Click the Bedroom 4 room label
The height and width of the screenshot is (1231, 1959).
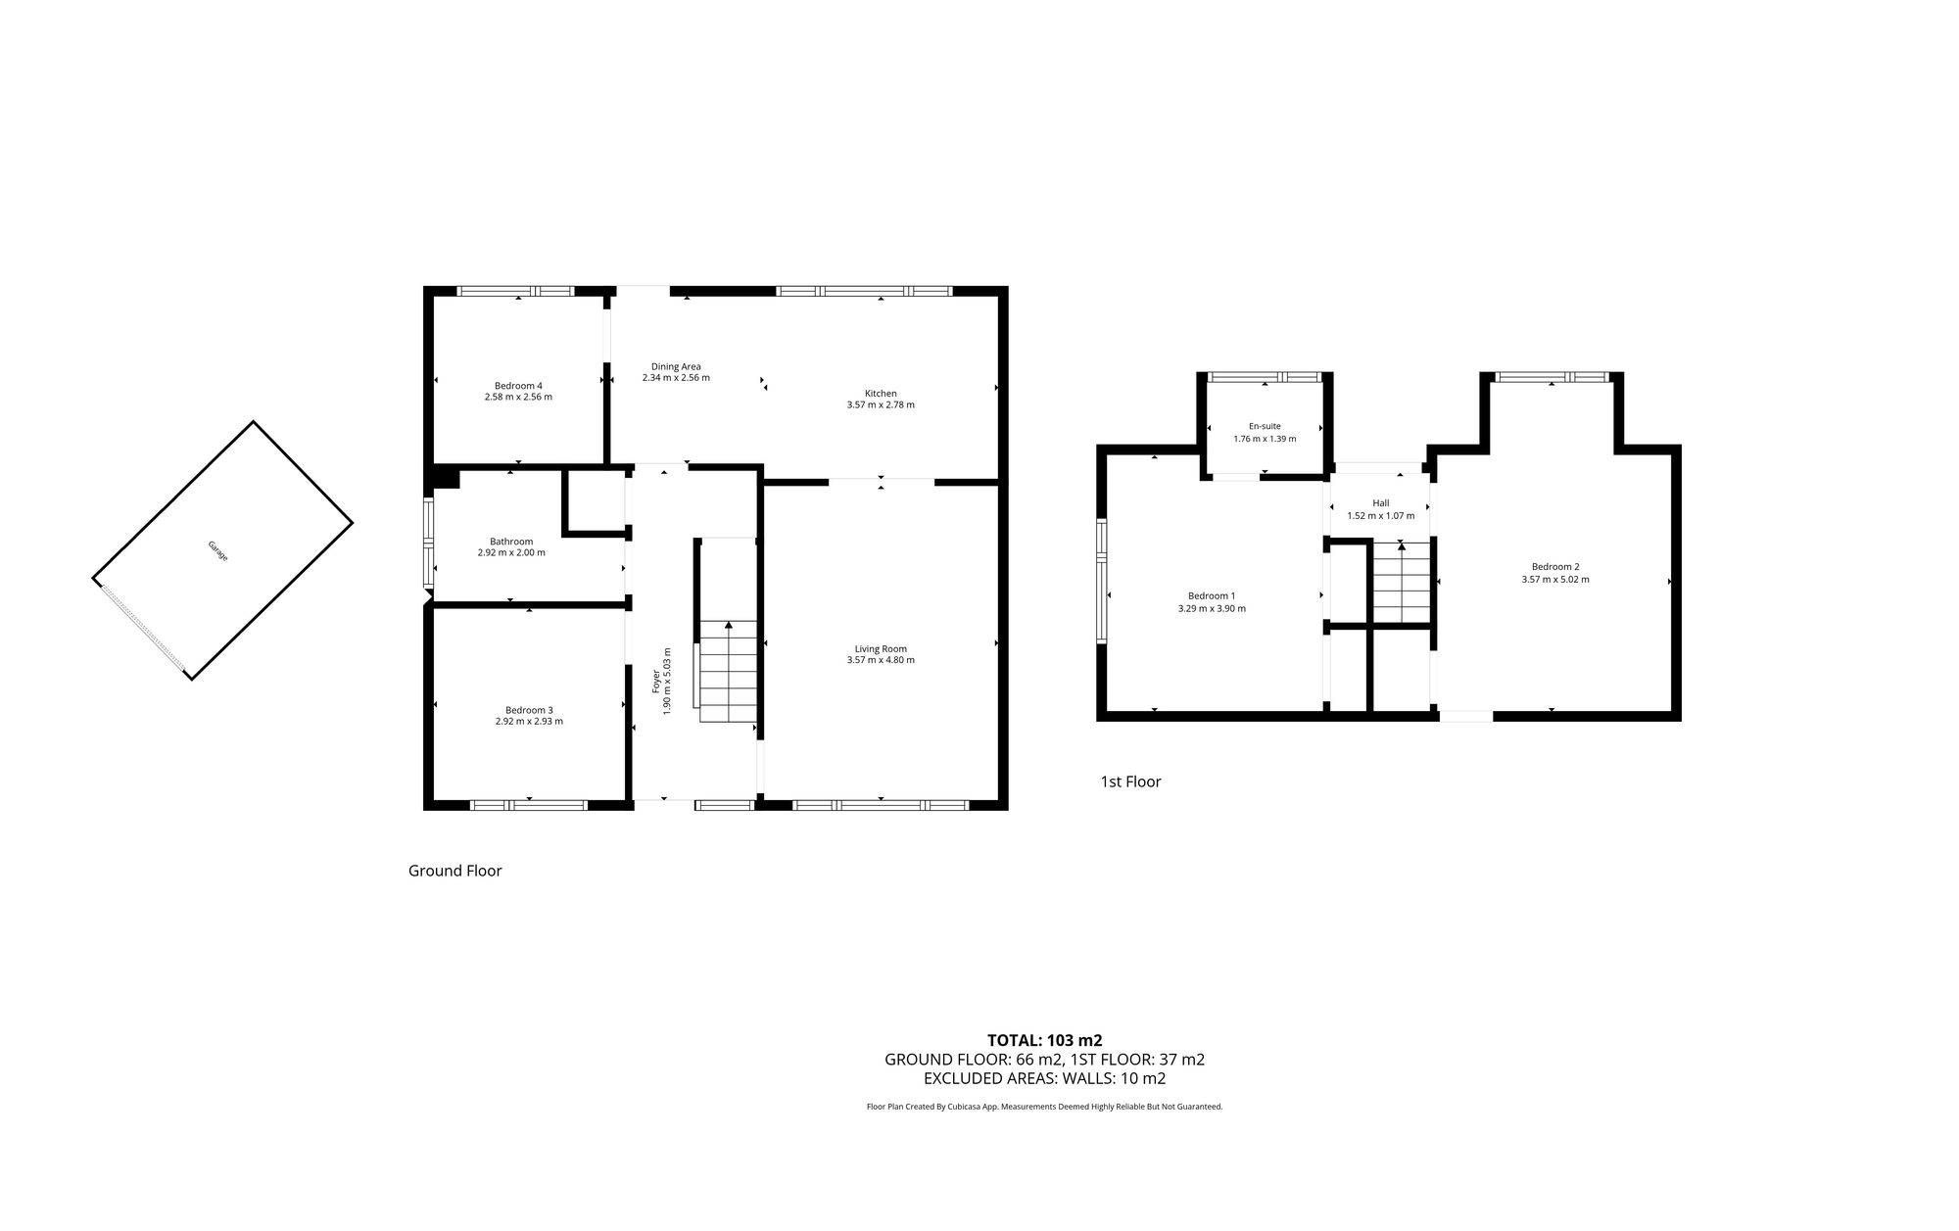click(518, 385)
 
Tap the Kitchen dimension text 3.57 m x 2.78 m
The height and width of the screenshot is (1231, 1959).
click(881, 404)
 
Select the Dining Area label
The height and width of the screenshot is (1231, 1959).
click(676, 366)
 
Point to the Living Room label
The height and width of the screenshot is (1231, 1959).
click(881, 648)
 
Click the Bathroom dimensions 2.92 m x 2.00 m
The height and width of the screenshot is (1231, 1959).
click(511, 552)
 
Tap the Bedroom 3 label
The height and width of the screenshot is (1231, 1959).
click(529, 710)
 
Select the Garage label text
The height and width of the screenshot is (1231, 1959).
click(217, 550)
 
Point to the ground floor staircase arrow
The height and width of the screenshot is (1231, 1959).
click(729, 627)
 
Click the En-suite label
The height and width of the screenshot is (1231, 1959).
click(1265, 426)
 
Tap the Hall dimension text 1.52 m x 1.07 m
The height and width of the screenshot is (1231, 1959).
click(1381, 515)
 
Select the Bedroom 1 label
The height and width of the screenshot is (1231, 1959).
click(1212, 595)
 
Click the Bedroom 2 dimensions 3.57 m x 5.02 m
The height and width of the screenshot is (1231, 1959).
click(1555, 579)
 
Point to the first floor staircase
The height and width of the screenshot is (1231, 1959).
click(1401, 583)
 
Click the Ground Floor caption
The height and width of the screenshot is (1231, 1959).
click(454, 871)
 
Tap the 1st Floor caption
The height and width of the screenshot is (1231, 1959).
click(1130, 781)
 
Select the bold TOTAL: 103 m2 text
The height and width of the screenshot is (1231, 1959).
click(1044, 1040)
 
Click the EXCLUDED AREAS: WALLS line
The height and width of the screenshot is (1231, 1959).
click(1044, 1078)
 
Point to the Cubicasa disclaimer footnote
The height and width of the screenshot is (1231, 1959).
click(1044, 1107)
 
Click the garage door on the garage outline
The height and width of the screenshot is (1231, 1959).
click(143, 630)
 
